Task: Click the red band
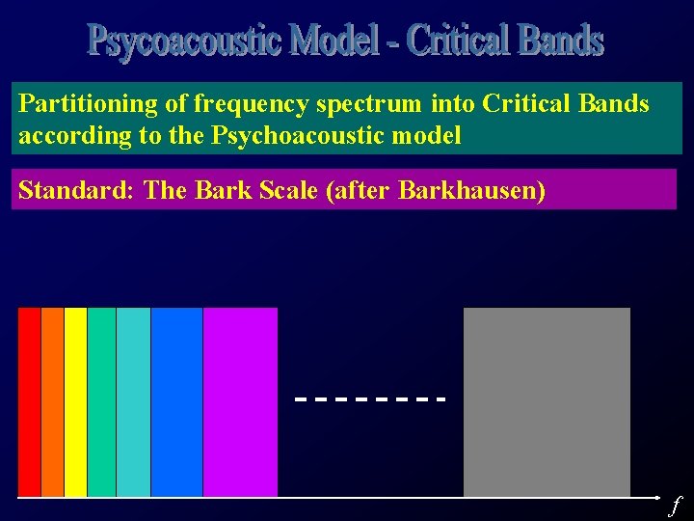[29, 401]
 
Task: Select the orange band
[52, 401]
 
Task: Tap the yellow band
[75, 401]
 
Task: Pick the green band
[101, 401]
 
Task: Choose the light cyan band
[133, 401]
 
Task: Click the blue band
[176, 401]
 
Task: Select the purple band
[240, 401]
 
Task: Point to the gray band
[547, 401]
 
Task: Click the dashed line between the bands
[370, 398]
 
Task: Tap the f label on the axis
[675, 505]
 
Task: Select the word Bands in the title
[560, 41]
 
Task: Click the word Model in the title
[337, 41]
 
